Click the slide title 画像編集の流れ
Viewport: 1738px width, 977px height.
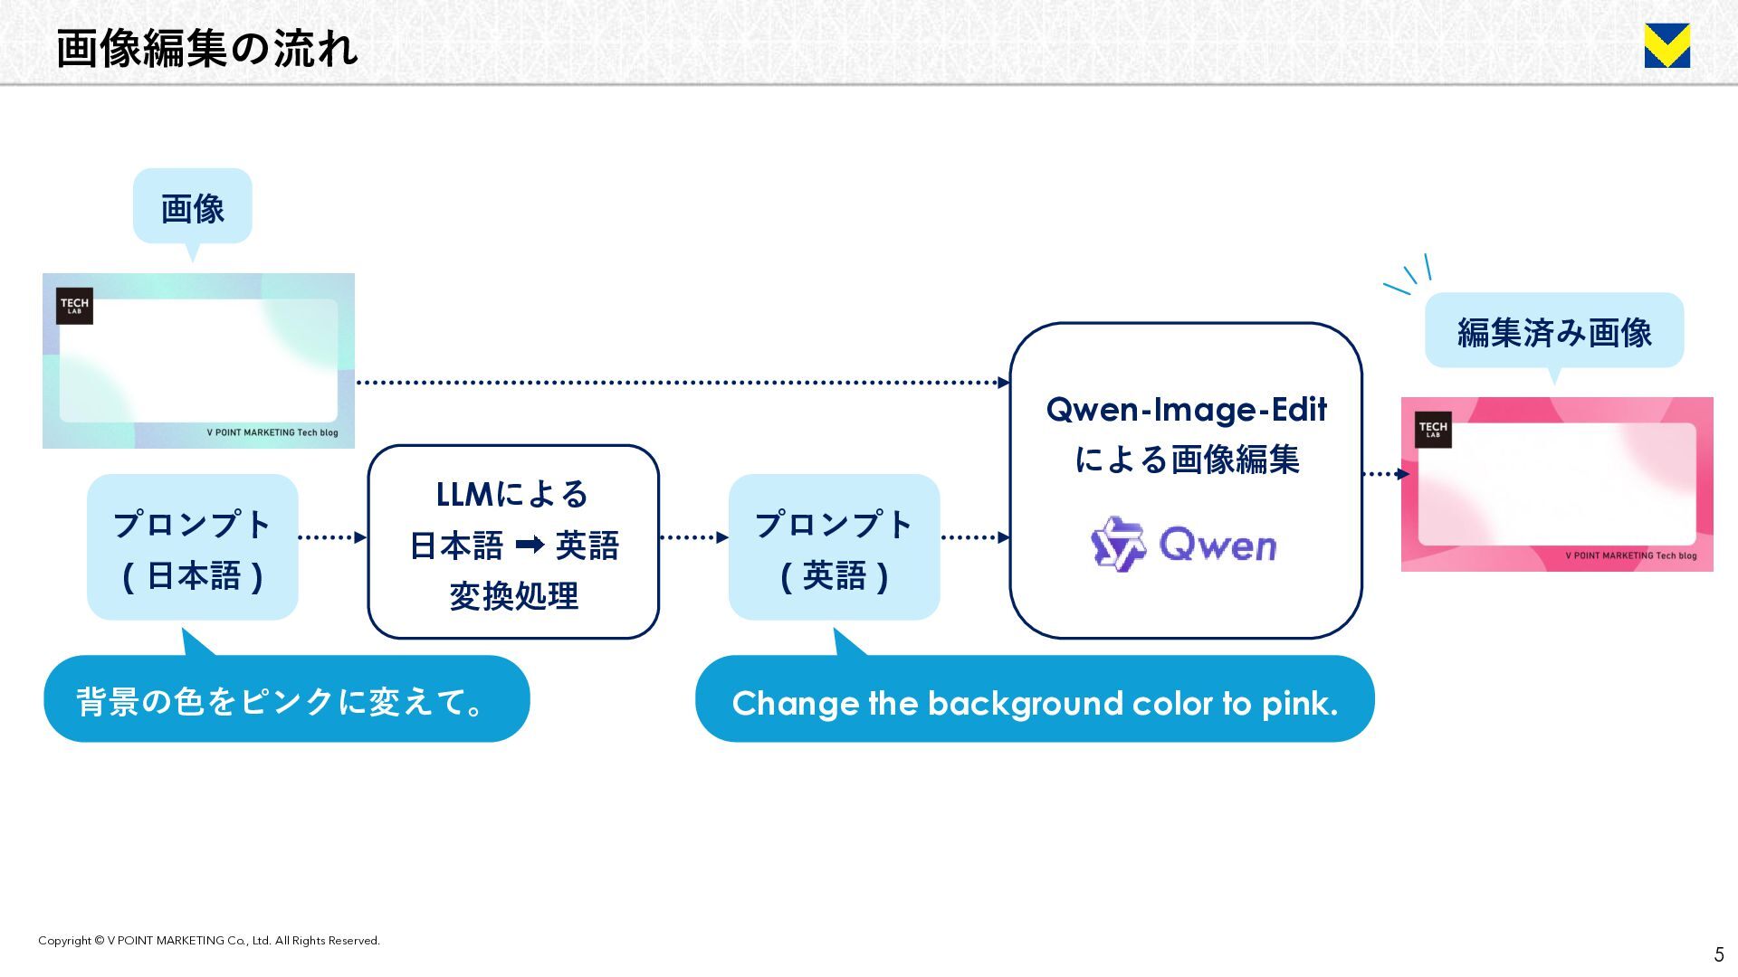coord(206,49)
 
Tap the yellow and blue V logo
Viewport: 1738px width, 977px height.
coord(1666,46)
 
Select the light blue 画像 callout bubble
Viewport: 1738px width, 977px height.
coord(192,207)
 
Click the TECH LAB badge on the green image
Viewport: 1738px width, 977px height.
coord(74,306)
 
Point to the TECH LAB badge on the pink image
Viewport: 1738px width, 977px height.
coord(1433,430)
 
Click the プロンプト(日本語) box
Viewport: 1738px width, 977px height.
coord(192,547)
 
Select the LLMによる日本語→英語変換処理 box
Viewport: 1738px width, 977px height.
coord(513,542)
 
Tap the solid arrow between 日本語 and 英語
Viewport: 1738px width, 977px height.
coord(530,545)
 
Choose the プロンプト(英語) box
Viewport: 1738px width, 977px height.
coord(834,547)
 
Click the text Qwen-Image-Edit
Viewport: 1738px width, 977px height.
coord(1186,410)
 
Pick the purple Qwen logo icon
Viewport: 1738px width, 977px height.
coord(1118,544)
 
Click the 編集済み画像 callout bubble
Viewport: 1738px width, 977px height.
coord(1553,331)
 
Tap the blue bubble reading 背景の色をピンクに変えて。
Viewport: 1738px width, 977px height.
coord(286,699)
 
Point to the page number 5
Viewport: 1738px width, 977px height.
coord(1718,954)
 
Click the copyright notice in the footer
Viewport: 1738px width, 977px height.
coord(209,941)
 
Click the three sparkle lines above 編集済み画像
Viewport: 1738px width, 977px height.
coord(1409,275)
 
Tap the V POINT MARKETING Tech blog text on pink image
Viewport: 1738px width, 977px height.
coord(1630,555)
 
